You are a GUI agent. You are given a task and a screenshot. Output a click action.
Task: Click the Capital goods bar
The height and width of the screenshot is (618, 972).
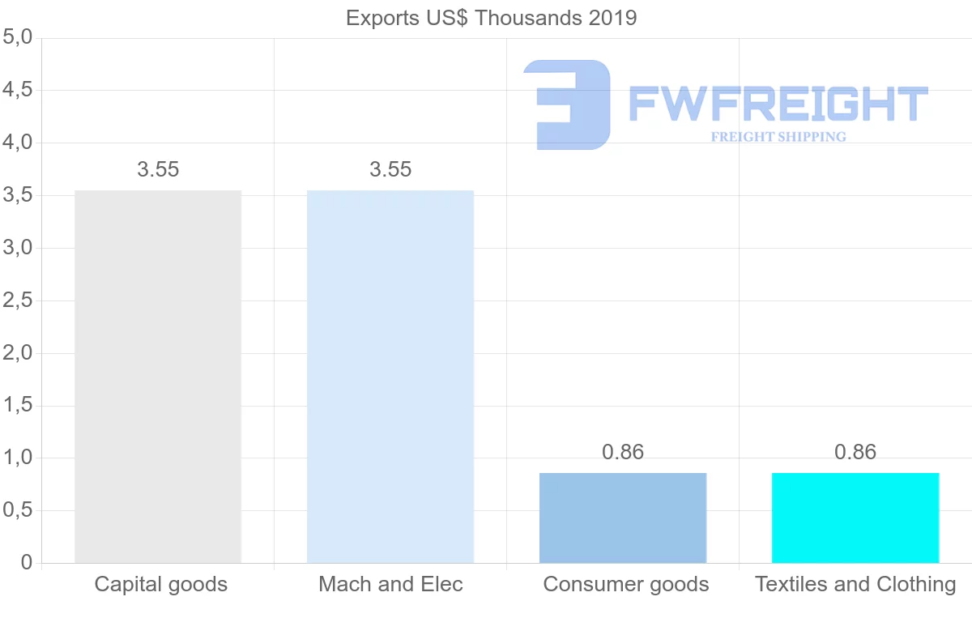tap(158, 377)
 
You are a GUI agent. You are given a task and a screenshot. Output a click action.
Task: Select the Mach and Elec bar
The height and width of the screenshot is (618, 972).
tap(390, 377)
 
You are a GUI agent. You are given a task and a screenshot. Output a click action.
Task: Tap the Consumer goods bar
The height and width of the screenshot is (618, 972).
tap(623, 518)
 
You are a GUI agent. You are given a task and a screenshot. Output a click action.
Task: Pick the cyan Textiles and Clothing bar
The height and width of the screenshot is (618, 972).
tap(855, 518)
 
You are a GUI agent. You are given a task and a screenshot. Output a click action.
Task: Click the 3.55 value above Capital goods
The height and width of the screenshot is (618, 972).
tap(158, 170)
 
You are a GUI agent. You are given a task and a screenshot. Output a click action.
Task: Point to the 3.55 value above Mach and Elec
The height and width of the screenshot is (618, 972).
tap(390, 170)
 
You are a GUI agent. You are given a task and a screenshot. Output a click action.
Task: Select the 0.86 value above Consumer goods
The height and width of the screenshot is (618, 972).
tap(623, 452)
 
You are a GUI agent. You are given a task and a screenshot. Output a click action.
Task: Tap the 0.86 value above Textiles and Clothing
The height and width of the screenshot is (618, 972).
tap(855, 452)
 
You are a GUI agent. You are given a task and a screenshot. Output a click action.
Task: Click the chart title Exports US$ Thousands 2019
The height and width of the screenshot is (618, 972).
tap(491, 18)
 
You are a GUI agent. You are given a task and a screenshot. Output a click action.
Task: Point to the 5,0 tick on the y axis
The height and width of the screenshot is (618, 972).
tap(17, 37)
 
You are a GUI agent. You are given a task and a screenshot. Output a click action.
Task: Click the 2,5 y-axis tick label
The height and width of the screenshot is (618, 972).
tap(17, 300)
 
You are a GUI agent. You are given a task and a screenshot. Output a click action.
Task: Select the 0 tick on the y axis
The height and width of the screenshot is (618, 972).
tap(26, 563)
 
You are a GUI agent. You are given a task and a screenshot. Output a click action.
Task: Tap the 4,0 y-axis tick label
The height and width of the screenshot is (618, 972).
tap(17, 143)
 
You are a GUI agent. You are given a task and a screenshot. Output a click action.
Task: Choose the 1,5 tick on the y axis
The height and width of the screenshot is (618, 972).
tap(17, 406)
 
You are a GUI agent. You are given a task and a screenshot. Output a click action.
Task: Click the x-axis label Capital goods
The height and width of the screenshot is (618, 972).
tap(160, 584)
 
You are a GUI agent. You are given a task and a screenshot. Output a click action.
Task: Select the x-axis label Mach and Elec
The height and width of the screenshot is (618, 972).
tap(390, 584)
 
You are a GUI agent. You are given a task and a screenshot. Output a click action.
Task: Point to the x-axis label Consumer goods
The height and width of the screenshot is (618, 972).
tap(625, 584)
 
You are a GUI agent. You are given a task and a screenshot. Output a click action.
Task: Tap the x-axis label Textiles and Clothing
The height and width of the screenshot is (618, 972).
tap(855, 584)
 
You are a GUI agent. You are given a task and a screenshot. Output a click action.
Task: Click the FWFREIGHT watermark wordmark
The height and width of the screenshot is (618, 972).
tap(778, 104)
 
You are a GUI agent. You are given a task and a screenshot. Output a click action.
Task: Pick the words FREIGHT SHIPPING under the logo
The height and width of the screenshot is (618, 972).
tap(778, 137)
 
